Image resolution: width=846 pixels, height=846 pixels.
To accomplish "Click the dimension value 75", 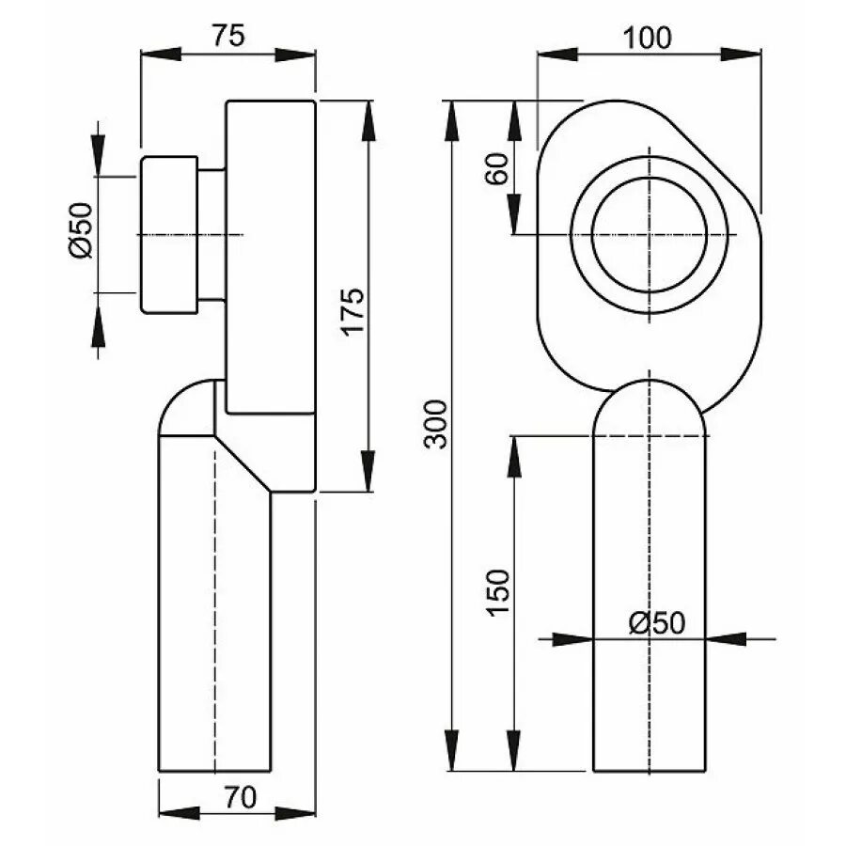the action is click(x=227, y=35).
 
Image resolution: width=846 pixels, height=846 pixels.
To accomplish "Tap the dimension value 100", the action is click(x=648, y=38).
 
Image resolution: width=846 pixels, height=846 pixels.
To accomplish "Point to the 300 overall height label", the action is click(x=435, y=423).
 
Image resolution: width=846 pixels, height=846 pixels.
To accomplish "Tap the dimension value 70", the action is click(x=240, y=798).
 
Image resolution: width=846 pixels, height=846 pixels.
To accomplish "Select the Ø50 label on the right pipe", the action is click(x=657, y=621).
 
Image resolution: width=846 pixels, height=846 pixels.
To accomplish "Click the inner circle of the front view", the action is click(x=649, y=233).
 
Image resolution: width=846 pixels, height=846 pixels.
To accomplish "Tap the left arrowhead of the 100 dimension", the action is click(x=551, y=55).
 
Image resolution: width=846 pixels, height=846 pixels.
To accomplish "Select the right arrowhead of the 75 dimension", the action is click(x=302, y=55).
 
